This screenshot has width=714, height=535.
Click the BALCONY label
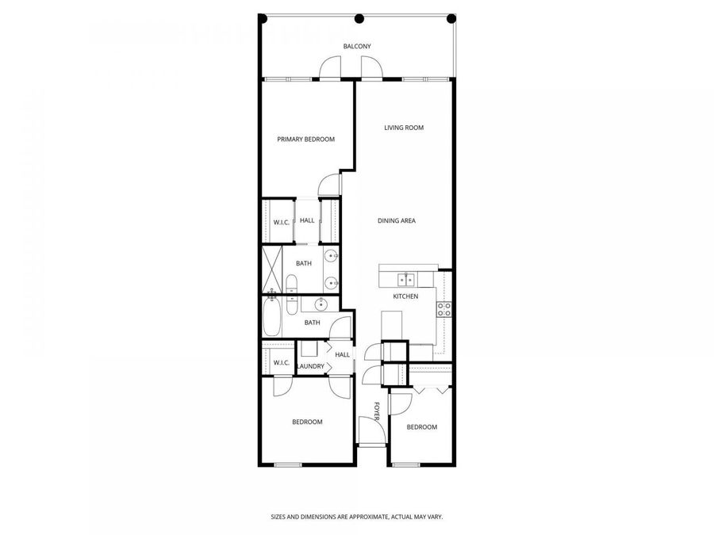[357, 46]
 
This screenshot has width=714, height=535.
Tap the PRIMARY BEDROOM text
[305, 139]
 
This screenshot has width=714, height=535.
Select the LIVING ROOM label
[404, 128]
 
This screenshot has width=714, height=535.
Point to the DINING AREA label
[397, 221]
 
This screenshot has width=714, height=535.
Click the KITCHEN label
[405, 296]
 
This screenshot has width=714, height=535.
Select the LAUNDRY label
[310, 366]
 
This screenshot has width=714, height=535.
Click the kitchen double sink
[407, 279]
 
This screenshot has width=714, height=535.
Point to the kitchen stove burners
[444, 309]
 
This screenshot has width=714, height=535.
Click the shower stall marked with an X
[272, 269]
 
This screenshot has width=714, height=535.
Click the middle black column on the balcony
[359, 18]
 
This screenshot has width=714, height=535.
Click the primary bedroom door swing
[328, 184]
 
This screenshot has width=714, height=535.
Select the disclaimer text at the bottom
[356, 516]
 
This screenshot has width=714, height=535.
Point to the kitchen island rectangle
[393, 325]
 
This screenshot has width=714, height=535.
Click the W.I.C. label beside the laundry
[281, 363]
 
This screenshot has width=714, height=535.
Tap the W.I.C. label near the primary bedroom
[281, 222]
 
